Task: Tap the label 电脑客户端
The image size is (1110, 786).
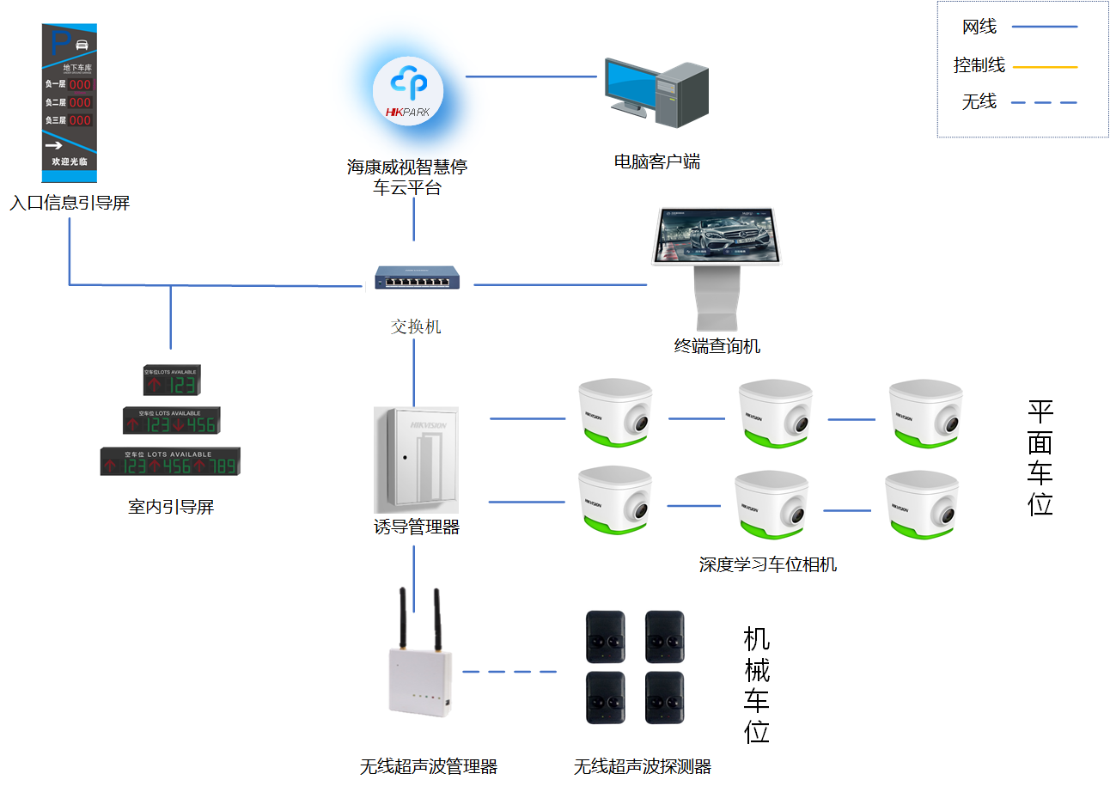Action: coord(656,161)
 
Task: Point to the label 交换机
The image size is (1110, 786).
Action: coord(416,326)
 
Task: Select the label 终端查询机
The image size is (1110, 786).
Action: coord(717,346)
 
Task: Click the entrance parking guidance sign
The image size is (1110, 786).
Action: coord(70,102)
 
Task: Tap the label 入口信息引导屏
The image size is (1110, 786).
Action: coord(70,204)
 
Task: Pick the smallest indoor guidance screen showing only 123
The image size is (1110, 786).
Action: coord(170,380)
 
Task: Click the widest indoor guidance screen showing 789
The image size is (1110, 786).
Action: coord(170,461)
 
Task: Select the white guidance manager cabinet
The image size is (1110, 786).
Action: coord(417,460)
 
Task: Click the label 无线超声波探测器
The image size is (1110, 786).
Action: coord(643,766)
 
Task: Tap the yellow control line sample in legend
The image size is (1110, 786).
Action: coord(1044,66)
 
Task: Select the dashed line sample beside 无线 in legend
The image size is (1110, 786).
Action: coord(1044,103)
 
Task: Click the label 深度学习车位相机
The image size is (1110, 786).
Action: coord(767,564)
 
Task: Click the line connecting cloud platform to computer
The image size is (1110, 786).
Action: coord(531,76)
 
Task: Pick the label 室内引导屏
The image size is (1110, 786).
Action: coord(171,507)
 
